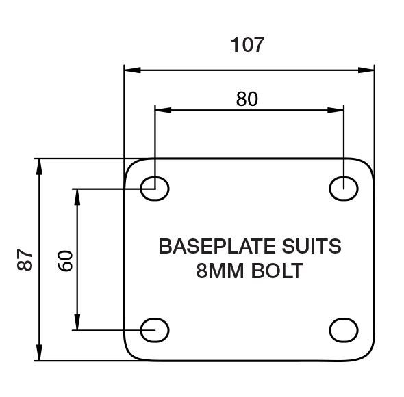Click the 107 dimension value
coord(247,44)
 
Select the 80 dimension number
coord(247,99)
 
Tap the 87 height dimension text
coord(25,260)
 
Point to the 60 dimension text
coord(64,261)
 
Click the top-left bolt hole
coord(155,189)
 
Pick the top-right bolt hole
coord(344,189)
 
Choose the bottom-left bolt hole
coord(155,330)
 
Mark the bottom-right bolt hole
coord(344,330)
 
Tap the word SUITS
coord(312,246)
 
